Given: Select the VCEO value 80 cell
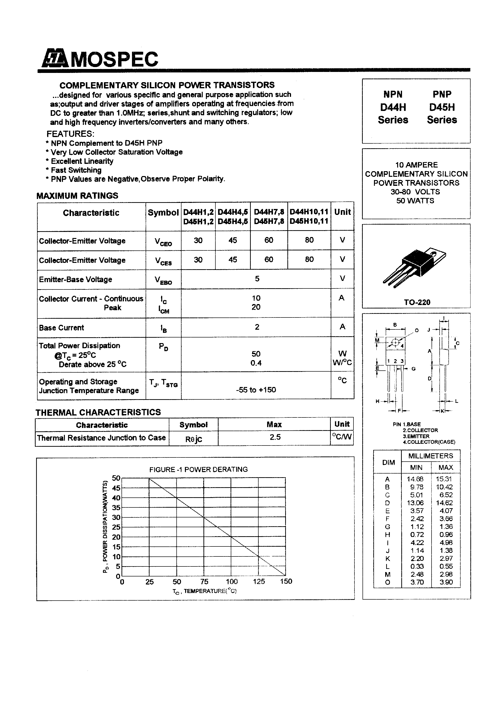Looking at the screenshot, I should point(309,240).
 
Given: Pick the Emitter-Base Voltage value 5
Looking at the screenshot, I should point(257,278).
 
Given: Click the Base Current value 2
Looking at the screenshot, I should point(257,327).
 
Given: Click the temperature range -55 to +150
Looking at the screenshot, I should point(256,390).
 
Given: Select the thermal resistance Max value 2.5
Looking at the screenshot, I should point(275,437).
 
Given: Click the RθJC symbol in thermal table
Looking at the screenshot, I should point(194,439).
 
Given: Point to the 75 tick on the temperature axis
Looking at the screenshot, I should point(204,581).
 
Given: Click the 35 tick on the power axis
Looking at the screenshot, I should point(116,508).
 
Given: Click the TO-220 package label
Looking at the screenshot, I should point(417,302).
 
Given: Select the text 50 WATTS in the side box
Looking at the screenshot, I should point(415,201).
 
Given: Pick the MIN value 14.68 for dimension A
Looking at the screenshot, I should point(415,479).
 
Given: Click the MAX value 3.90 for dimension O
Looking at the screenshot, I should point(446,582).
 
